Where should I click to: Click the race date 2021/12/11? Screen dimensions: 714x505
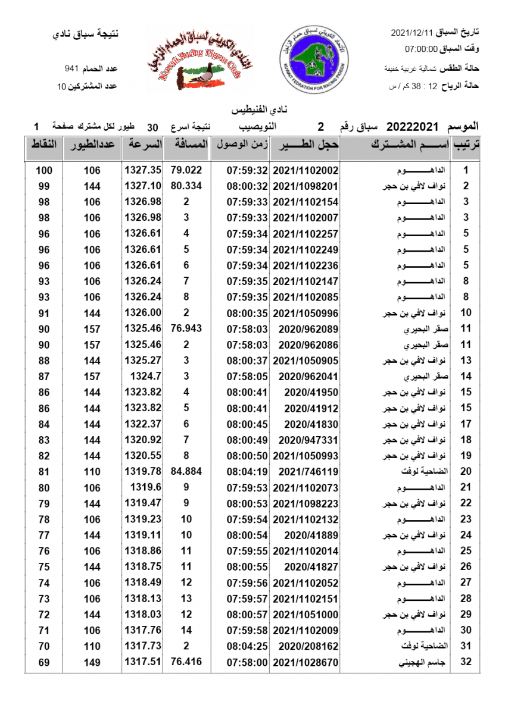click(x=412, y=32)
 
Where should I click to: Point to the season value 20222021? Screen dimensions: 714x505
click(x=412, y=127)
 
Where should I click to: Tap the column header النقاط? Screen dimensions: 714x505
click(x=43, y=145)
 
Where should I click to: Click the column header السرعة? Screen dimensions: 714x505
click(x=143, y=145)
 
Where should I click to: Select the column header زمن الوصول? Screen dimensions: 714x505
click(x=240, y=145)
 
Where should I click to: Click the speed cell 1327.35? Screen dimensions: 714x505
click(x=143, y=170)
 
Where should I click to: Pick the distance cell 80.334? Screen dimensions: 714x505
click(x=186, y=186)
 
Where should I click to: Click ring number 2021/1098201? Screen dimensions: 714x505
click(x=306, y=186)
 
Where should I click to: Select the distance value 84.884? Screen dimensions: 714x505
click(x=186, y=471)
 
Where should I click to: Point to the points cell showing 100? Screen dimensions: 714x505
click(x=44, y=170)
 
